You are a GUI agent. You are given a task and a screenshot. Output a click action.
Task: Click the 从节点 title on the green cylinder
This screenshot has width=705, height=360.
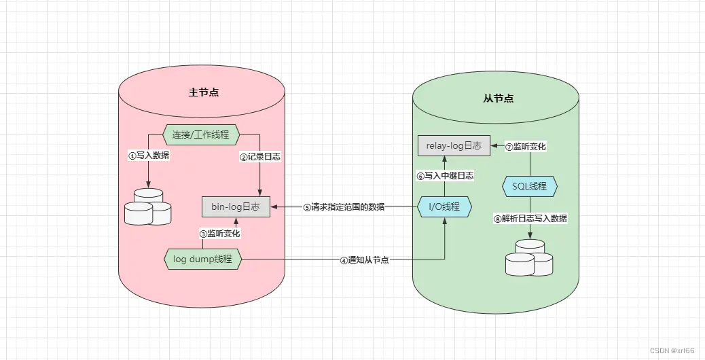pyautogui.click(x=498, y=98)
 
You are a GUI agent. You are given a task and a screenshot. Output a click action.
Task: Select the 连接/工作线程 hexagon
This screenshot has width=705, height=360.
pyautogui.click(x=202, y=134)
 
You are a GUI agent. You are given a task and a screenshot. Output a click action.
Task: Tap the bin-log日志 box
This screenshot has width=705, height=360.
pyautogui.click(x=236, y=206)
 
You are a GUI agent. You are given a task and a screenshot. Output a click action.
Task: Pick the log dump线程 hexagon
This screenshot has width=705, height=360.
pyautogui.click(x=202, y=259)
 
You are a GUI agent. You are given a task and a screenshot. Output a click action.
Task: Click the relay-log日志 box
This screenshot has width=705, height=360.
pyautogui.click(x=454, y=145)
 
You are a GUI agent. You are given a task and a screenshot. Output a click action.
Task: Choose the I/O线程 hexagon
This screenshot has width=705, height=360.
pyautogui.click(x=444, y=206)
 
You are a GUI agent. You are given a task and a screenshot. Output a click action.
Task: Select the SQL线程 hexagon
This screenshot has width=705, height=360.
pyautogui.click(x=529, y=185)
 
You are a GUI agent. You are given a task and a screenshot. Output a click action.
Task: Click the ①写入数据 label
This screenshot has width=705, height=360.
pyautogui.click(x=149, y=156)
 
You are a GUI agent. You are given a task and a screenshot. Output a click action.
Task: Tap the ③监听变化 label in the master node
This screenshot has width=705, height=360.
pyautogui.click(x=219, y=233)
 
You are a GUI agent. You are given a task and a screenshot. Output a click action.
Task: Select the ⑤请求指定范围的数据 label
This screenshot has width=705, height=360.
pyautogui.click(x=343, y=207)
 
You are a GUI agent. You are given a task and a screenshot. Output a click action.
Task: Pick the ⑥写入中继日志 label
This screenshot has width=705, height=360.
pyautogui.click(x=445, y=175)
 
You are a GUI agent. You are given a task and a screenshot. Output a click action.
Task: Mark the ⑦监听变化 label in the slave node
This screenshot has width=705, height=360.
pyautogui.click(x=526, y=146)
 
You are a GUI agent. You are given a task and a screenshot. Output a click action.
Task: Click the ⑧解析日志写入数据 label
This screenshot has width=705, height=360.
pyautogui.click(x=530, y=219)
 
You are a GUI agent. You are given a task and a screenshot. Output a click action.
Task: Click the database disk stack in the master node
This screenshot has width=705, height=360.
pyautogui.click(x=148, y=207)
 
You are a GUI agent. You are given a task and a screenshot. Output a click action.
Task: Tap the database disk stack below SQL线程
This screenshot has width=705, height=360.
pyautogui.click(x=529, y=257)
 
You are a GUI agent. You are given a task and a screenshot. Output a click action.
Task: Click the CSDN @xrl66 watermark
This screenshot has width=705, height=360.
pyautogui.click(x=672, y=350)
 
